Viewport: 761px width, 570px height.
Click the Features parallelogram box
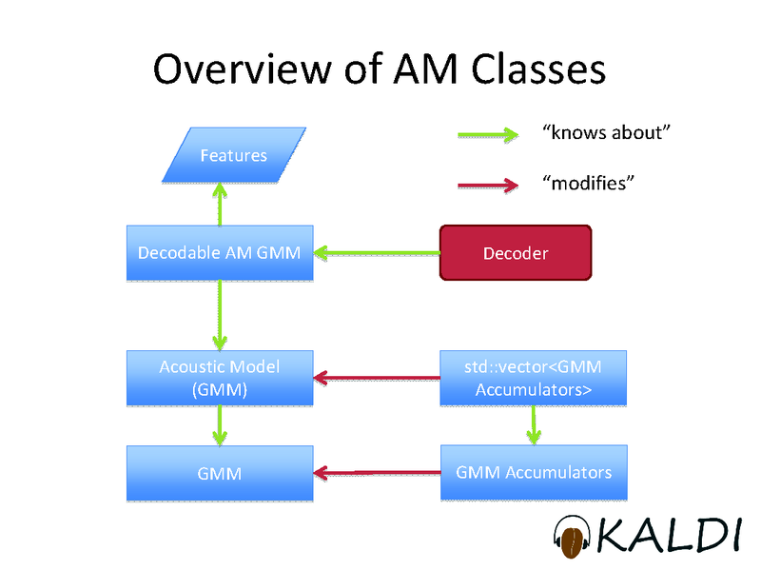233,154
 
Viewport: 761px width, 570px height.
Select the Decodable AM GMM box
220,253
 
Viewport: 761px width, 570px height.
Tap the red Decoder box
515,253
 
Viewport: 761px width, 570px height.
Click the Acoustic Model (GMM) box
220,378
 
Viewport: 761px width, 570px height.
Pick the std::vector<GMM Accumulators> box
534,378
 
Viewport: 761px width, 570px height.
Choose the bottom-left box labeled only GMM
220,472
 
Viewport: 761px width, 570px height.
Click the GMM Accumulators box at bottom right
534,472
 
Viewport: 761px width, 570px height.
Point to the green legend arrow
487,134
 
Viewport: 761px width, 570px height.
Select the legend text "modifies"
587,183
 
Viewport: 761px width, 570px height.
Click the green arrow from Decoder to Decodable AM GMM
377,253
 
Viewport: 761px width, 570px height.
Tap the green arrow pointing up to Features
221,205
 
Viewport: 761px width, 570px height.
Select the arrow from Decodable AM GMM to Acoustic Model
221,316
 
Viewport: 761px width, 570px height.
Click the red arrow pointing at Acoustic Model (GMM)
377,380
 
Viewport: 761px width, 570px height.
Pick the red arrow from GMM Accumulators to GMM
377,472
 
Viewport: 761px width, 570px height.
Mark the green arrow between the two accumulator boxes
534,424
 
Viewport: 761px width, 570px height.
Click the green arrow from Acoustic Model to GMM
221,424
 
